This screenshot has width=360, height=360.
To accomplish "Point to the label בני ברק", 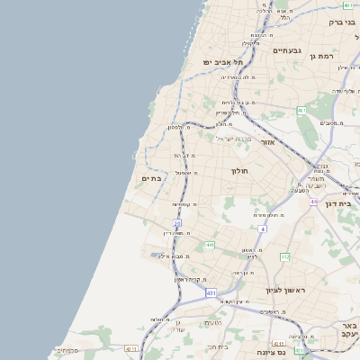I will coord(343,22).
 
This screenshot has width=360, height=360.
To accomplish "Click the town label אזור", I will coord(267,142).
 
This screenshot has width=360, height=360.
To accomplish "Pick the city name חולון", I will coord(238,170).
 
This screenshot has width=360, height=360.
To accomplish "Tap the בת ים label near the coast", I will coord(151,178).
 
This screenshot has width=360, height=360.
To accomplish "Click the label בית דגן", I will coord(346,204).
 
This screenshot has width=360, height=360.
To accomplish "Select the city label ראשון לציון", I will coord(286,290).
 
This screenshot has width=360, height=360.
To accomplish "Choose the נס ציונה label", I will coord(271,353).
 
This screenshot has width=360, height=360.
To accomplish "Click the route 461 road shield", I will coord(301,111).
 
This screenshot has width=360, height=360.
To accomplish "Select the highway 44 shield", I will coord(314,202).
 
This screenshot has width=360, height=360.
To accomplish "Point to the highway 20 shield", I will coord(177,222).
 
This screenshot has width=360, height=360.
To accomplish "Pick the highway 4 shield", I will coord(263,229).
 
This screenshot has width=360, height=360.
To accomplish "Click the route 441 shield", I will coord(209,245).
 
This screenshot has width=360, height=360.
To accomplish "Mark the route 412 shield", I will coord(284,257).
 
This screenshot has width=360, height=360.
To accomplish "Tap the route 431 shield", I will coord(211,293).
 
